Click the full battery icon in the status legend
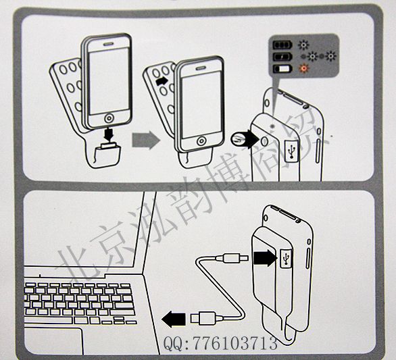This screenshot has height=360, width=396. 282,45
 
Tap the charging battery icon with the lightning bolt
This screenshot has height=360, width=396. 282,57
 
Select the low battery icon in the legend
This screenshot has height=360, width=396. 282,69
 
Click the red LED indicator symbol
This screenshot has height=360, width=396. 304,68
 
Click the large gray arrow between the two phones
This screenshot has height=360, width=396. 146,140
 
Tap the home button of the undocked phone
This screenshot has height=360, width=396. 109,118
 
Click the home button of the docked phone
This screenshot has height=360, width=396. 201,141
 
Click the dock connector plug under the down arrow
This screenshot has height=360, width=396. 109,145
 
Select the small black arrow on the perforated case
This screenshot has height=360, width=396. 162,82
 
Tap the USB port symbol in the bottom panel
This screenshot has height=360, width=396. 286,258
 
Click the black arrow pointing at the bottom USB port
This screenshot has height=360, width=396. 265,258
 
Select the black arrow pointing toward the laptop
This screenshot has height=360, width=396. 174,319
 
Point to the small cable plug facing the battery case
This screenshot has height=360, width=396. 232,258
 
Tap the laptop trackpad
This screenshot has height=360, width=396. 53,341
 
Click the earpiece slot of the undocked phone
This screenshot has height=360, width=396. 109,43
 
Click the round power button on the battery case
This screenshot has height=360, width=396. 264,141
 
